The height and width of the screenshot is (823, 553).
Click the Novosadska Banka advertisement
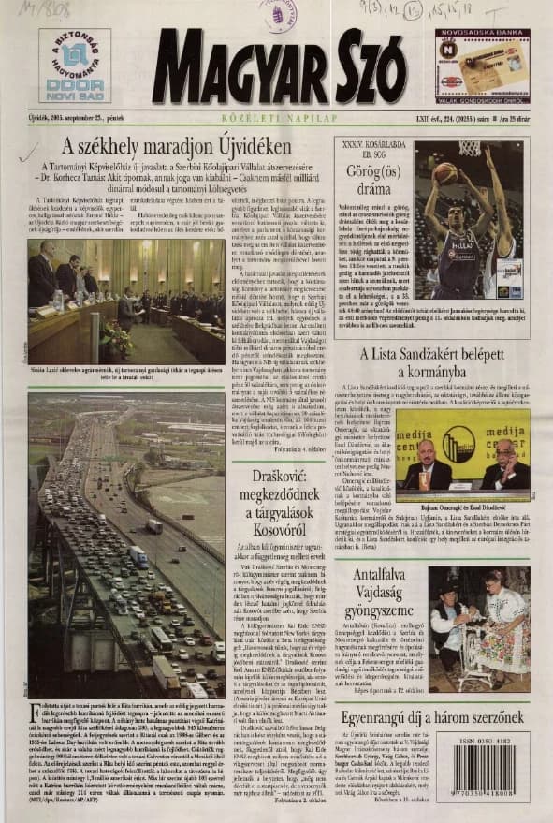481,65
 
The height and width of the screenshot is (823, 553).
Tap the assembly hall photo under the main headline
125,301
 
